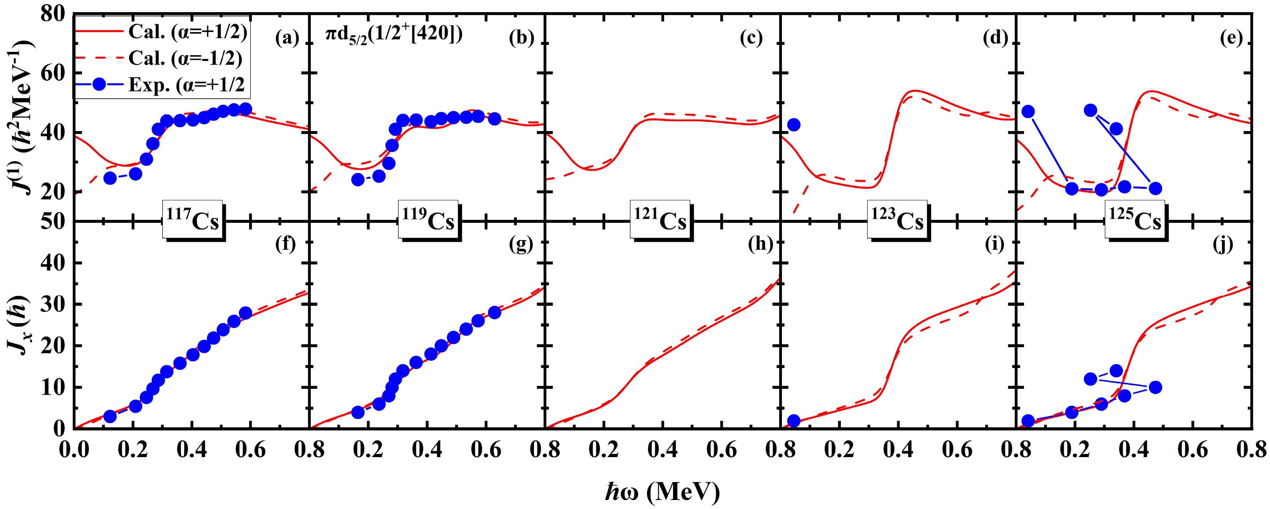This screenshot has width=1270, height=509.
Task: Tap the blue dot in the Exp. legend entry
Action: pyautogui.click(x=99, y=85)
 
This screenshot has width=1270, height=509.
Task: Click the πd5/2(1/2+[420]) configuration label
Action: pyautogui.click(x=394, y=36)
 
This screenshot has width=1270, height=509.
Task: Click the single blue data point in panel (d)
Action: pyautogui.click(x=793, y=125)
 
